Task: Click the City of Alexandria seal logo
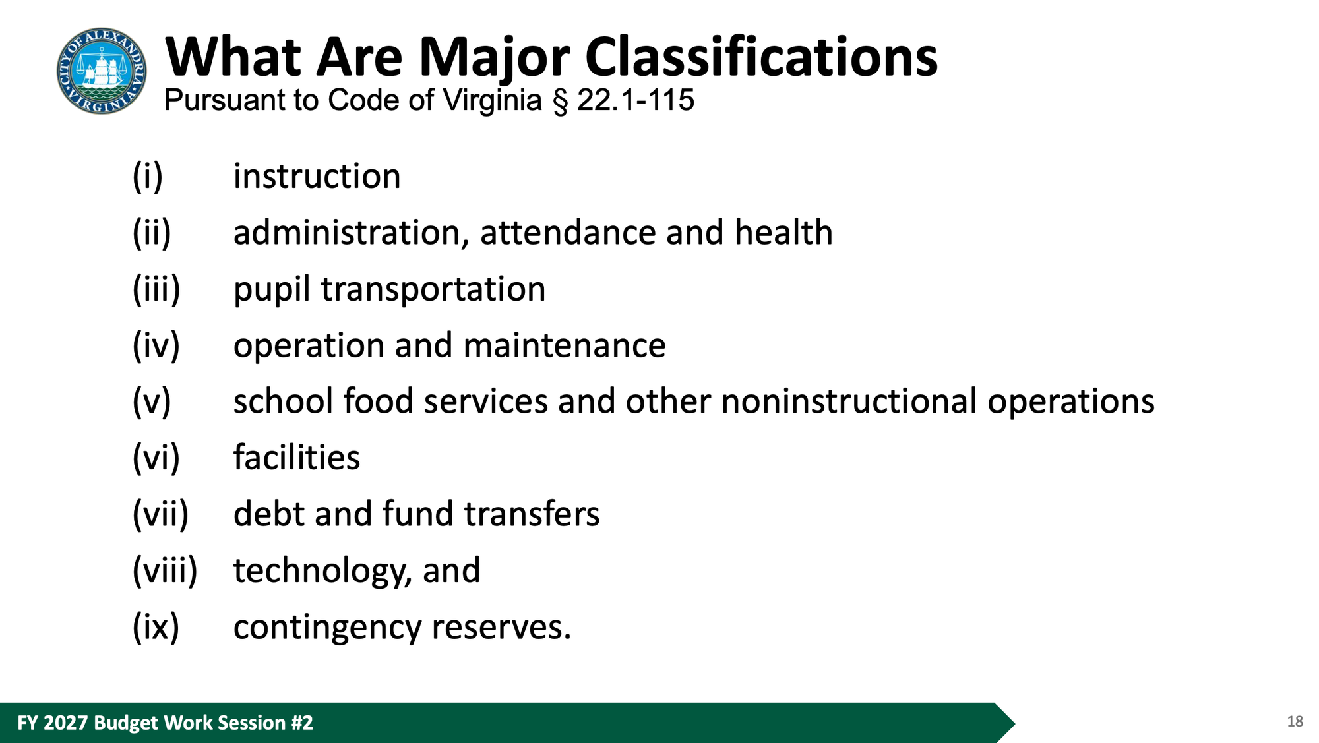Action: (x=102, y=71)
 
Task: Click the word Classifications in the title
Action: (x=761, y=57)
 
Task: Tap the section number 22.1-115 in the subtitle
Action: (x=636, y=100)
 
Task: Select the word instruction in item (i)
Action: (x=317, y=176)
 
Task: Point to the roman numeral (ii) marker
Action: (x=152, y=233)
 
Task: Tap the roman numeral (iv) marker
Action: (x=156, y=345)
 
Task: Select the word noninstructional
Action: (x=849, y=401)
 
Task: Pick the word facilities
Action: (x=297, y=458)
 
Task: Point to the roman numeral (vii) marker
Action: (x=160, y=514)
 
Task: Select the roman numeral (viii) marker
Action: (x=165, y=571)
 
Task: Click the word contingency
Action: (x=327, y=628)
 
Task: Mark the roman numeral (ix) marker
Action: (x=156, y=627)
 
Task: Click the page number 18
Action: (x=1295, y=721)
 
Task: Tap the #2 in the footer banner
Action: (x=302, y=723)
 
